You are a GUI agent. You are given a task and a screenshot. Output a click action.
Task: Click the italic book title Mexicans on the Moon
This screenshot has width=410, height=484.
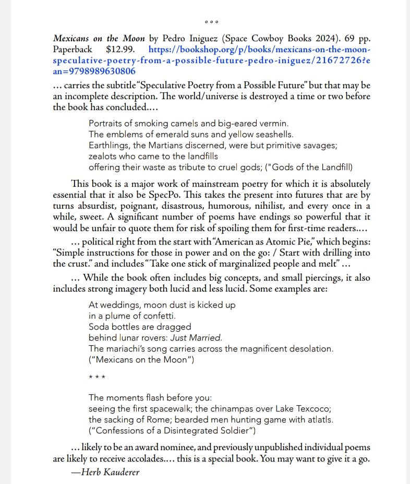click(99, 39)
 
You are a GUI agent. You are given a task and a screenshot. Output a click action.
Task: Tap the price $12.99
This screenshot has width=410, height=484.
click(120, 50)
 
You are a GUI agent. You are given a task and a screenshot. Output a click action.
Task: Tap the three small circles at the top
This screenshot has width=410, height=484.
click(211, 22)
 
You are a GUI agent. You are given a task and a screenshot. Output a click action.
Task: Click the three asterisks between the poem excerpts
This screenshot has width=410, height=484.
click(97, 377)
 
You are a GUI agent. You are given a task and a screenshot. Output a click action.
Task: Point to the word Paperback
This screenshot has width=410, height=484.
click(72, 50)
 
